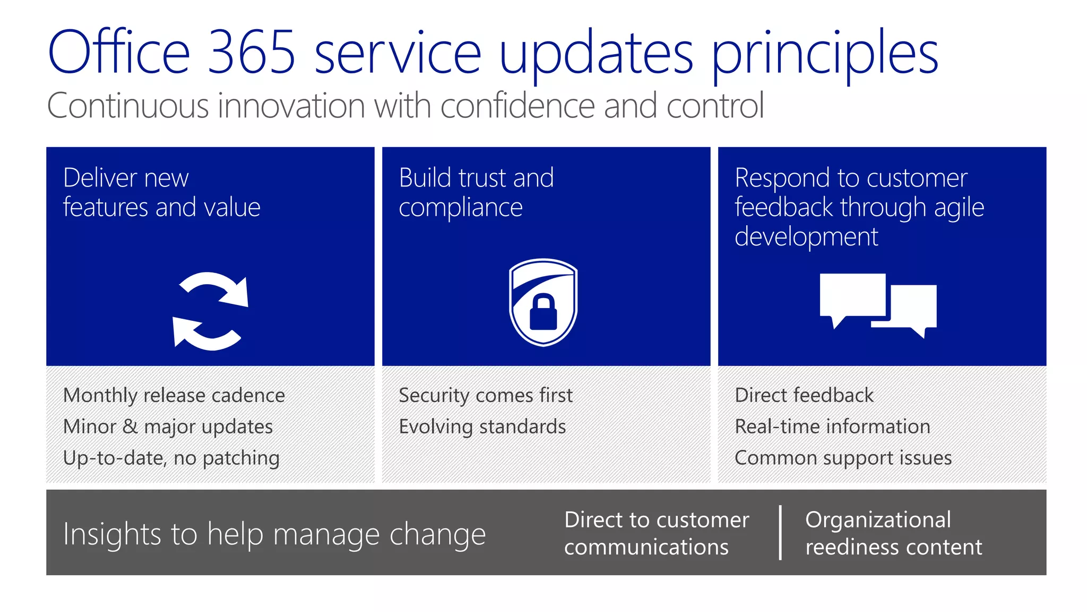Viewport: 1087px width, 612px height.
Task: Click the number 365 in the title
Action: click(x=251, y=52)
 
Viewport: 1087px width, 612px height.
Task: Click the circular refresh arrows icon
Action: click(x=211, y=311)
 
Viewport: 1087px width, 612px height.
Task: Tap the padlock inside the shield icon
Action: click(x=543, y=313)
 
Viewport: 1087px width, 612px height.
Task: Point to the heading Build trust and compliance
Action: click(x=476, y=192)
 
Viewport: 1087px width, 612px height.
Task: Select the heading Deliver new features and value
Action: click(x=161, y=192)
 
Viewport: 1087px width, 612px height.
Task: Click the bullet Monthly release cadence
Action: click(x=174, y=395)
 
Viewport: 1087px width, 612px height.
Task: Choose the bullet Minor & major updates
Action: click(x=168, y=427)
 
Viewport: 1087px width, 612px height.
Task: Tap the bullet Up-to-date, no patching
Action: click(x=171, y=458)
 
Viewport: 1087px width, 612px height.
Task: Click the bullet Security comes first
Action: click(x=485, y=395)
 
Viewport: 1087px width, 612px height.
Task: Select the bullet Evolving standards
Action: click(x=482, y=427)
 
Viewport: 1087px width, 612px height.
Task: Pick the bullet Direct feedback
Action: click(x=804, y=395)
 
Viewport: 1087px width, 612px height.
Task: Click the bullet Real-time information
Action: click(x=832, y=427)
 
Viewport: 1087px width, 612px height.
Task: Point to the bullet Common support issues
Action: click(x=843, y=458)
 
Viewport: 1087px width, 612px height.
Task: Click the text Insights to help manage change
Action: click(x=274, y=534)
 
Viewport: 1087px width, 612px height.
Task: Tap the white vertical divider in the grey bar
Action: click(x=780, y=532)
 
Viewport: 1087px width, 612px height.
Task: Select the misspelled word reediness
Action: click(x=848, y=547)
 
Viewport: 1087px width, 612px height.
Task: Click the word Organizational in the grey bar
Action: click(x=878, y=520)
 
